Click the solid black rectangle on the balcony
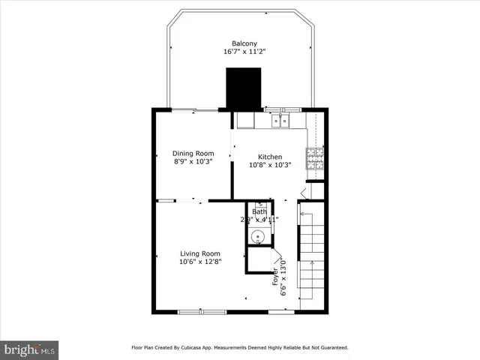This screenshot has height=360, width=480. coord(244,88)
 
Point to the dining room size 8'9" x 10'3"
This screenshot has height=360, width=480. coord(193,162)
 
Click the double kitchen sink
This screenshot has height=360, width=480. coord(280,119)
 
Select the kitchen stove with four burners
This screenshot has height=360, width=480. coord(315,157)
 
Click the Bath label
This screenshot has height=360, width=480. coord(259,211)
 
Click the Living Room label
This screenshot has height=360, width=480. coord(199,253)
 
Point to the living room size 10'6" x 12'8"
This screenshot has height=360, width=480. coord(199,262)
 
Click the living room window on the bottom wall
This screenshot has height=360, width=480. coord(202,311)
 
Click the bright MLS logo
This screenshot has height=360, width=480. coord(30,349)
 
